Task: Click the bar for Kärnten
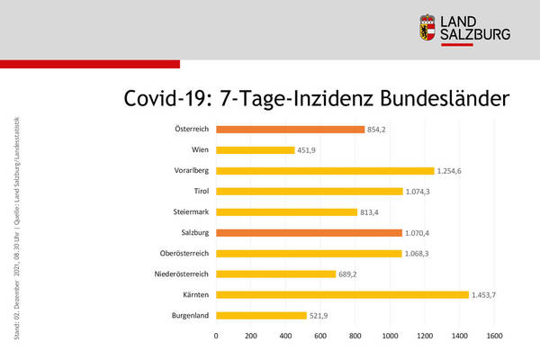[342, 294]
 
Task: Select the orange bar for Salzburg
[309, 232]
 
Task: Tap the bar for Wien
[255, 149]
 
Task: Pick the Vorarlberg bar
[325, 170]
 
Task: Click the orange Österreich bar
[290, 129]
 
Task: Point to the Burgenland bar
[261, 315]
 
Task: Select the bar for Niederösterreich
[275, 274]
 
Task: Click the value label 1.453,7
[487, 295]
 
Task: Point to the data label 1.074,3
[421, 192]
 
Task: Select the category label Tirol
[201, 191]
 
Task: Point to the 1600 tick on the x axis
[493, 336]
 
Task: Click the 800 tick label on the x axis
[355, 336]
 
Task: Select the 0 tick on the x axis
[216, 336]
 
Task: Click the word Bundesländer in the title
[435, 99]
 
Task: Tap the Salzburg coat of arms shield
[428, 28]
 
